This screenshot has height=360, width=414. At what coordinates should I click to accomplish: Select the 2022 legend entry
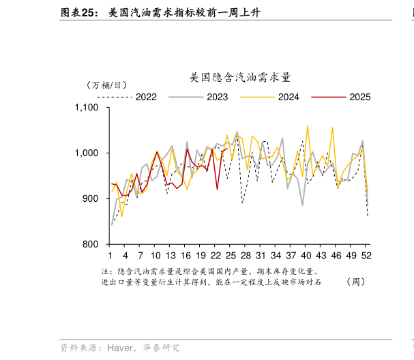(x=146, y=97)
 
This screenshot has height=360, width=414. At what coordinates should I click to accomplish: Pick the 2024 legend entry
(x=288, y=97)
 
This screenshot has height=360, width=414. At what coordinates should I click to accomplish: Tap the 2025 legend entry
(x=359, y=97)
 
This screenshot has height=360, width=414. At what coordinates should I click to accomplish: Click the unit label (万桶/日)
(x=106, y=85)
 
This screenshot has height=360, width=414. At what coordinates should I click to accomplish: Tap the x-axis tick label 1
(x=111, y=256)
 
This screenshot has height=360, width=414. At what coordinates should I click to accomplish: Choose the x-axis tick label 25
(x=231, y=256)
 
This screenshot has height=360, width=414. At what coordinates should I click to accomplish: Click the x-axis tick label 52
(x=366, y=256)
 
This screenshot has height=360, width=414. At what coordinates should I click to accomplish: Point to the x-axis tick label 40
(x=306, y=256)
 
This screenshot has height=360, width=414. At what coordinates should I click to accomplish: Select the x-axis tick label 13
(x=171, y=256)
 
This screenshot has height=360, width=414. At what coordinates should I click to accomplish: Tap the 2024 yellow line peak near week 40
(x=307, y=126)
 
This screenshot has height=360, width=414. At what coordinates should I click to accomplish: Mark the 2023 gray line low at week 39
(x=302, y=205)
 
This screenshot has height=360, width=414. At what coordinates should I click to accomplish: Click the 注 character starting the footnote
(x=105, y=271)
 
